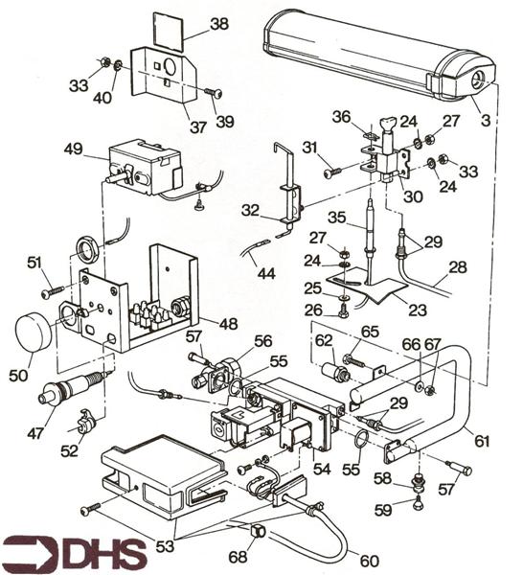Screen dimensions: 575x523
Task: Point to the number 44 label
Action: point(266,273)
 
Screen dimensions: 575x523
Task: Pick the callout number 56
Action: point(262,340)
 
